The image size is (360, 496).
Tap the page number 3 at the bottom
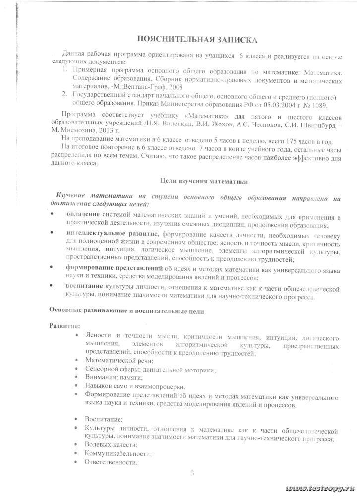[192, 472]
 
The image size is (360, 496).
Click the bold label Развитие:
[61, 326]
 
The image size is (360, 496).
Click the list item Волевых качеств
[109, 445]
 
